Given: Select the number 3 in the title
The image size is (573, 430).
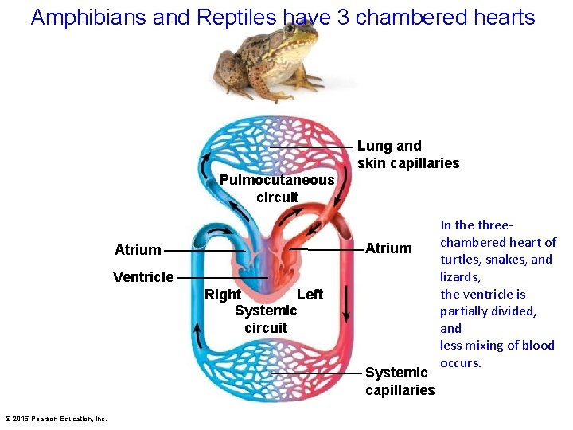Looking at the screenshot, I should point(343,17).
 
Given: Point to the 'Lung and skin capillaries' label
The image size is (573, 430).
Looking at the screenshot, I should point(407,154).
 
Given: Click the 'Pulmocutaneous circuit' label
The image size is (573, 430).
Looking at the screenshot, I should point(277,189).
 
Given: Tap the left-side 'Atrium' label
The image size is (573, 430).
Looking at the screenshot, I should point(138,250).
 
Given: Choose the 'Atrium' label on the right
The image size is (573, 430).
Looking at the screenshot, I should point(388,248).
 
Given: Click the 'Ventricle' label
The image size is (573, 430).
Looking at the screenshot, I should point(143,277).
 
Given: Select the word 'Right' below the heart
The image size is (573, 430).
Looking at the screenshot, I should point(223,295).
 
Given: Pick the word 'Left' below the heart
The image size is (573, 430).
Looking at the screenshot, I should point(310,295).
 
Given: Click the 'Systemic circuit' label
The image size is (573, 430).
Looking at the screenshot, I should point(266,319).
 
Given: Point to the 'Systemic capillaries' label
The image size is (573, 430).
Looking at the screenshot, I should point(400,381).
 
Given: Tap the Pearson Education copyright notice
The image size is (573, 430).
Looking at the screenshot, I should point(56,419).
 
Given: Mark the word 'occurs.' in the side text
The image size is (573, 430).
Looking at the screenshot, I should point(461,363).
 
